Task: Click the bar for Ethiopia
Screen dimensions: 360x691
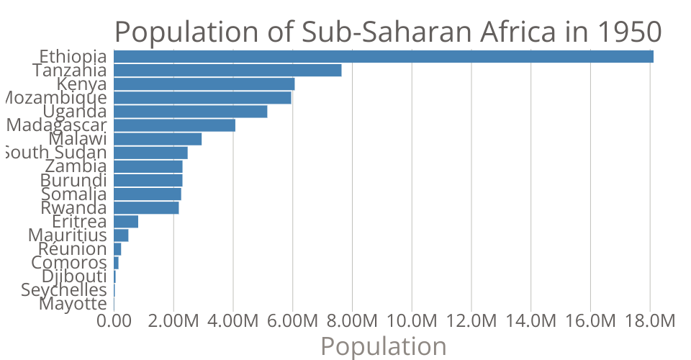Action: click(x=383, y=57)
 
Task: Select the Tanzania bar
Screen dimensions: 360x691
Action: click(x=227, y=71)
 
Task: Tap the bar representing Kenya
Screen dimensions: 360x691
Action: click(x=204, y=84)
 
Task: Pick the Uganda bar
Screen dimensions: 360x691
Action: click(x=190, y=112)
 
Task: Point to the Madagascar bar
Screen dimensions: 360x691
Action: click(x=174, y=125)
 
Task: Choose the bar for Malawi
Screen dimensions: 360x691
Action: click(x=158, y=139)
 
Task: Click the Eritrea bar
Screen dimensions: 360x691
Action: click(x=126, y=222)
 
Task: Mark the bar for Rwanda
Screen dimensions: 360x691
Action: click(x=146, y=208)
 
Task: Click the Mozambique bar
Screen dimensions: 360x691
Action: click(x=202, y=98)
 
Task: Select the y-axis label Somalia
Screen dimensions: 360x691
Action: click(x=74, y=194)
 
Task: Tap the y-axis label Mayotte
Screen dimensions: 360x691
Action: click(x=73, y=304)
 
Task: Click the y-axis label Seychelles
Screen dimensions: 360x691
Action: click(x=64, y=290)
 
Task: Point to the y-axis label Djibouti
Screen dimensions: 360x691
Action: click(x=74, y=276)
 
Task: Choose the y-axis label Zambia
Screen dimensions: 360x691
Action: click(x=76, y=166)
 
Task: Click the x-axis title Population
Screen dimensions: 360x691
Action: click(x=383, y=346)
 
